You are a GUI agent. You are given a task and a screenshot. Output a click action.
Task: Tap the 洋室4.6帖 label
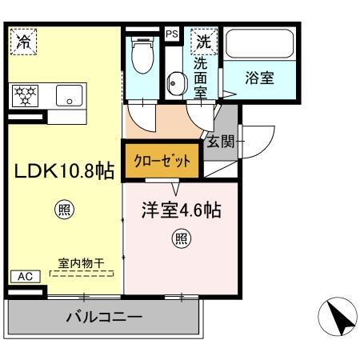(182, 213)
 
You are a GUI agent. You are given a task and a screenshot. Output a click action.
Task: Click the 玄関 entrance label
(220, 142)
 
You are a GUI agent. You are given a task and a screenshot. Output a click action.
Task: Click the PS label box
(171, 34)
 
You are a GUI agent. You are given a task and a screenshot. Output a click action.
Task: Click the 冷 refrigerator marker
(25, 42)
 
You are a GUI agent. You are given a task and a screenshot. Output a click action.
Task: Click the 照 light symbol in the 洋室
(182, 238)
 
